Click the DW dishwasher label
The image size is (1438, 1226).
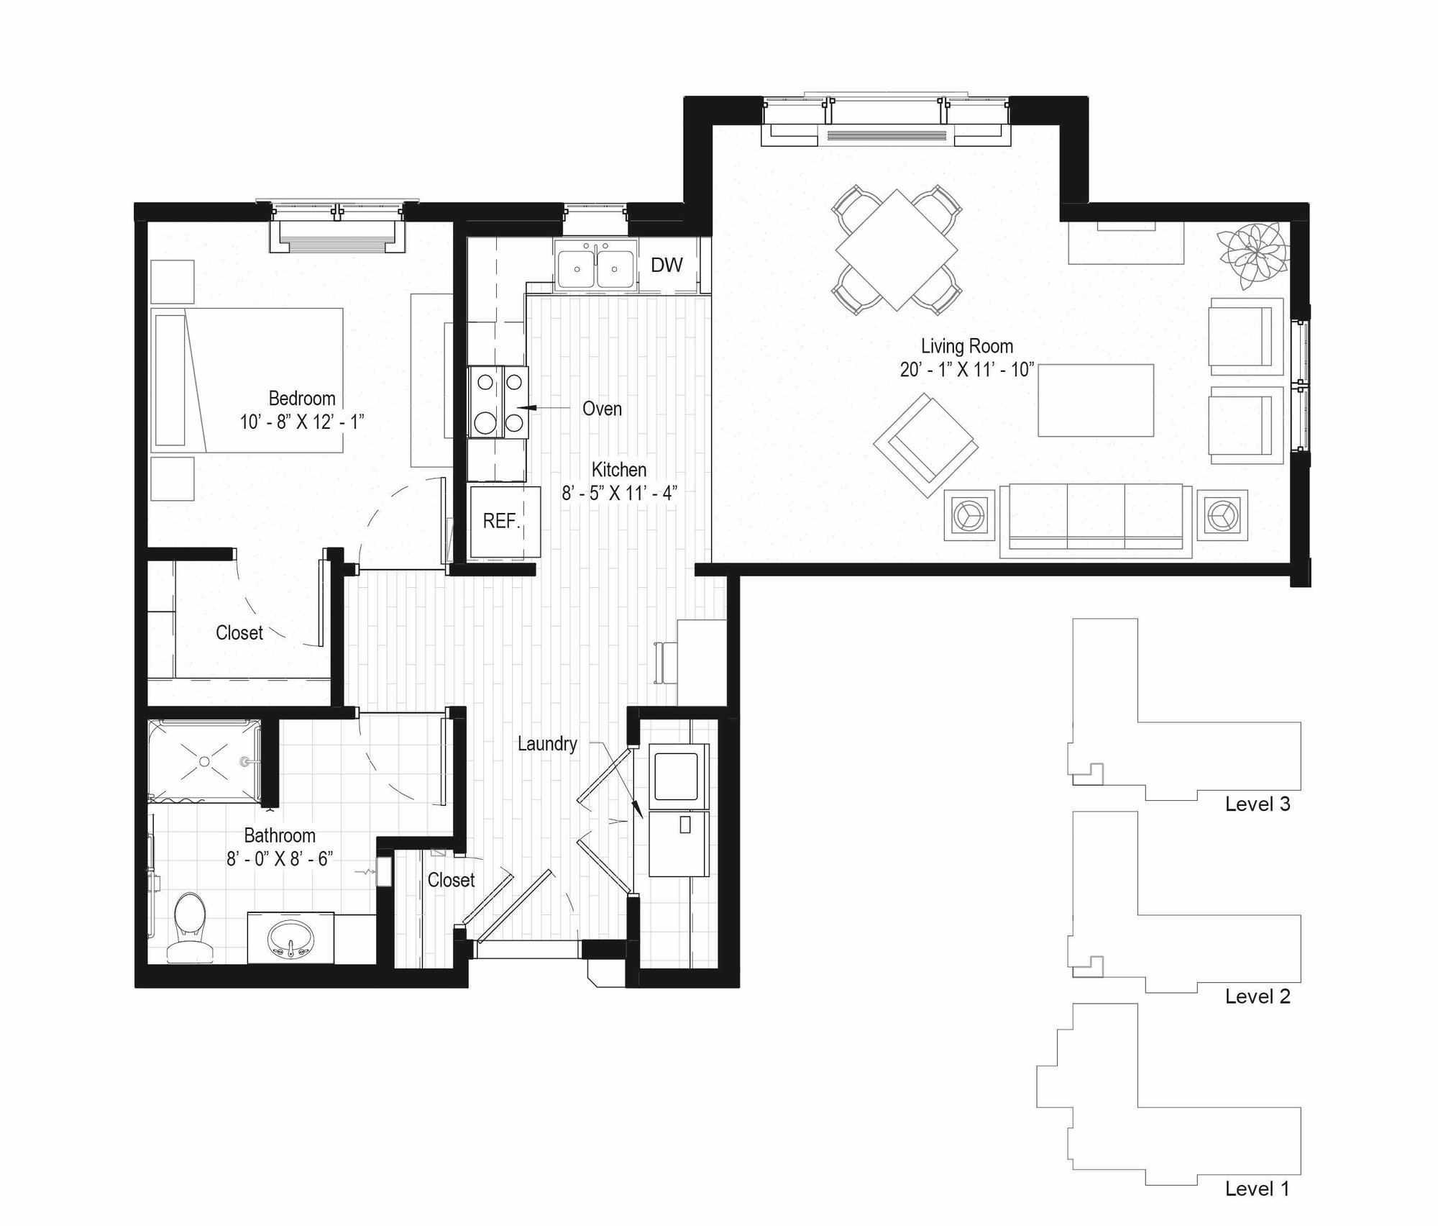pyautogui.click(x=666, y=265)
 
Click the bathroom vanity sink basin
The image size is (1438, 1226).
pyautogui.click(x=290, y=940)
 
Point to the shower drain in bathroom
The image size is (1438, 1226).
pyautogui.click(x=205, y=760)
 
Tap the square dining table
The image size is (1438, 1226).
pyautogui.click(x=896, y=250)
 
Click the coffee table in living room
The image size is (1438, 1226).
pyautogui.click(x=1095, y=400)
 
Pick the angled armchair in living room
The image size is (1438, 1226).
pyautogui.click(x=925, y=445)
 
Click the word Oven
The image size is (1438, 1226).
pyautogui.click(x=602, y=409)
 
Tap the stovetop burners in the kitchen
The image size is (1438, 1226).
pyautogui.click(x=498, y=402)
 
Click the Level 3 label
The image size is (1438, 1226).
pyautogui.click(x=1258, y=804)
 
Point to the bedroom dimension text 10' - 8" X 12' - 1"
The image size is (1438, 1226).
pyautogui.click(x=302, y=422)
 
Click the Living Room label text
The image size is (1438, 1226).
pyautogui.click(x=966, y=346)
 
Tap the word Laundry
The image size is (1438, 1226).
pyautogui.click(x=547, y=743)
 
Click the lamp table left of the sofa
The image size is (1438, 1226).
pyautogui.click(x=968, y=515)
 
